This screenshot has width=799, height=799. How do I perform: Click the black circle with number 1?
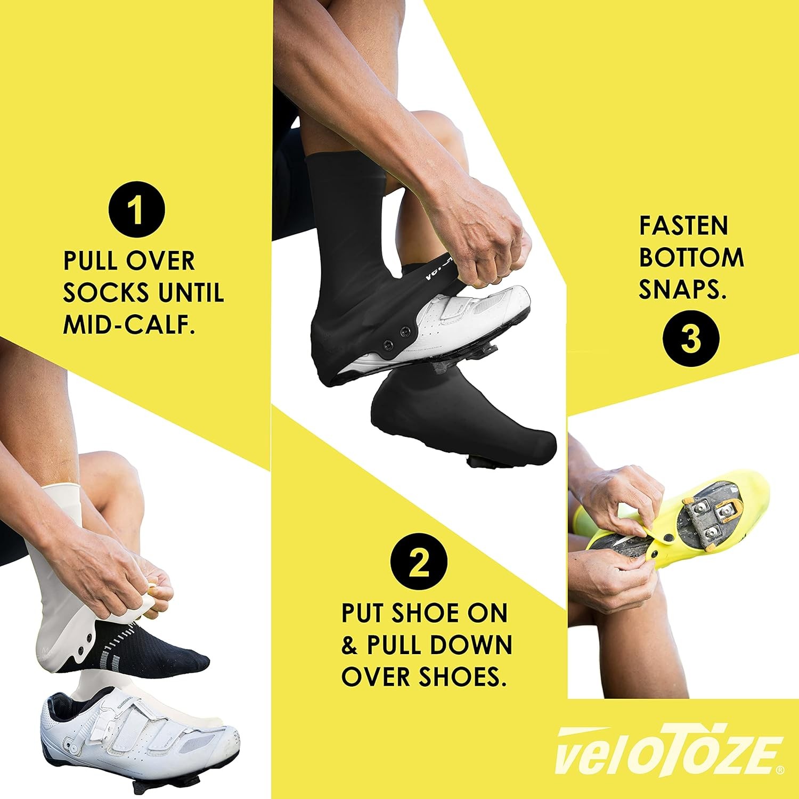[136, 211]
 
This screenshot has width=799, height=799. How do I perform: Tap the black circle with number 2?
[419, 563]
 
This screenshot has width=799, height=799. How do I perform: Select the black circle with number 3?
[691, 339]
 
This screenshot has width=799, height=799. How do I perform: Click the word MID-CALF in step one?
[128, 324]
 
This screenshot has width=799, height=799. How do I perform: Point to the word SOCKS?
[104, 292]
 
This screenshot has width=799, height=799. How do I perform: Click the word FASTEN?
[683, 226]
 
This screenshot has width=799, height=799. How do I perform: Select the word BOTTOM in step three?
[691, 258]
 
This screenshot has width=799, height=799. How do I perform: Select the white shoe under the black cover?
[474, 320]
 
